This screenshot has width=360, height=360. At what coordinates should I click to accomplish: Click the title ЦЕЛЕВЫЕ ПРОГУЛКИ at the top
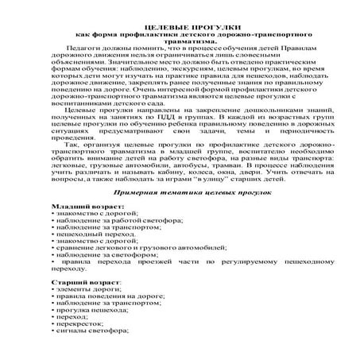(180, 27)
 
